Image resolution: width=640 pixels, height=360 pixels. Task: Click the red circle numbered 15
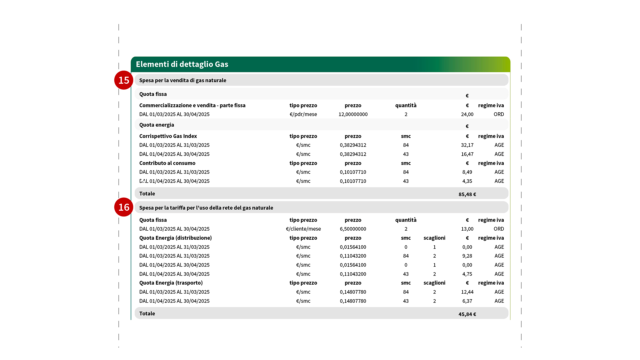pyautogui.click(x=124, y=80)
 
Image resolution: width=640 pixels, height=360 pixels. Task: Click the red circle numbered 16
pyautogui.click(x=124, y=207)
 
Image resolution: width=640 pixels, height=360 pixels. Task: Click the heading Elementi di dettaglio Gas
pyautogui.click(x=182, y=64)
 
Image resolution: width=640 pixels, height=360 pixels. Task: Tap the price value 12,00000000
pyautogui.click(x=353, y=114)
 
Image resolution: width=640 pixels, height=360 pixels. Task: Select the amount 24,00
pyautogui.click(x=467, y=114)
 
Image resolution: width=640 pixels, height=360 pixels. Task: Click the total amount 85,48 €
pyautogui.click(x=467, y=194)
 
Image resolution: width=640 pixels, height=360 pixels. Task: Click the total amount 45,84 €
pyautogui.click(x=467, y=314)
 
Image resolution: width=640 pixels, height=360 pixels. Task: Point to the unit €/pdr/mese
pyautogui.click(x=303, y=114)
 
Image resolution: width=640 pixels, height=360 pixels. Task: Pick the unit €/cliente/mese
pyautogui.click(x=303, y=229)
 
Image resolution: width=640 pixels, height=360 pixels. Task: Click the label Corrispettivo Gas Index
pyautogui.click(x=168, y=136)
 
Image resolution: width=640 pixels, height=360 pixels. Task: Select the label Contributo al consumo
pyautogui.click(x=167, y=163)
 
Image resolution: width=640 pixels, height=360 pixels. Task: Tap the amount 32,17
pyautogui.click(x=467, y=145)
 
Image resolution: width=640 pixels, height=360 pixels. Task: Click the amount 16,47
pyautogui.click(x=467, y=154)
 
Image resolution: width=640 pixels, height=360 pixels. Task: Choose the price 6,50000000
pyautogui.click(x=353, y=229)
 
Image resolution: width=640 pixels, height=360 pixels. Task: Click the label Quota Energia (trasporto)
pyautogui.click(x=171, y=283)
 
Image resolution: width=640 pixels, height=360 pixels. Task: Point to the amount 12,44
pyautogui.click(x=467, y=292)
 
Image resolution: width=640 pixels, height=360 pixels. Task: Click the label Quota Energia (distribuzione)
pyautogui.click(x=175, y=238)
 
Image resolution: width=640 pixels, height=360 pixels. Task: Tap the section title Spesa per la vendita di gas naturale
pyautogui.click(x=183, y=80)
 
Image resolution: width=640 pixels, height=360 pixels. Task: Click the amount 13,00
pyautogui.click(x=467, y=229)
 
